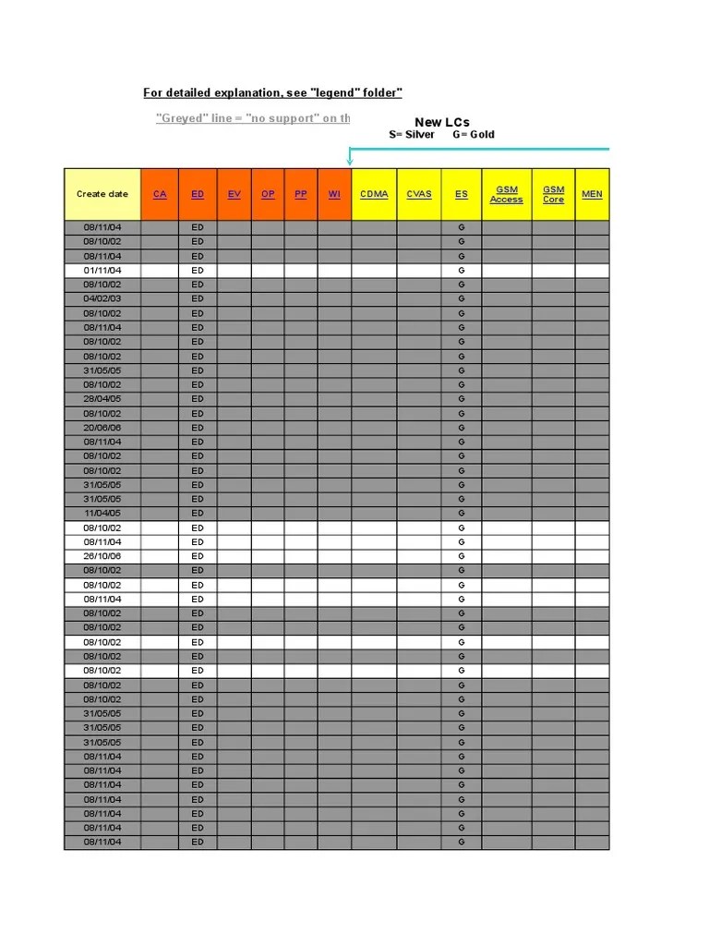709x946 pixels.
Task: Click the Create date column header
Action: [102, 194]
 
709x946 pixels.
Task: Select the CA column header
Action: [160, 194]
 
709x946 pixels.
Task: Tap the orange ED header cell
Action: [198, 194]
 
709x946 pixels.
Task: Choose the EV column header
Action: [234, 194]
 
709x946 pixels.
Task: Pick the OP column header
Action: [268, 194]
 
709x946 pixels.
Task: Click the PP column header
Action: [301, 194]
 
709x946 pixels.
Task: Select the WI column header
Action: [334, 194]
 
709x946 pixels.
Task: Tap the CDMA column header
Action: [374, 194]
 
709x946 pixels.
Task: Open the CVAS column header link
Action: [419, 194]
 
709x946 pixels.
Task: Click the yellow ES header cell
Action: [462, 194]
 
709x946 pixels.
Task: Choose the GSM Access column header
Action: [507, 194]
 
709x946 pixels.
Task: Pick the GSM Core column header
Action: [553, 194]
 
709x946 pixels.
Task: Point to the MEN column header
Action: [592, 194]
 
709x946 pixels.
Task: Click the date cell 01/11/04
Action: [102, 271]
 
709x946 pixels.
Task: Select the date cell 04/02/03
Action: [102, 299]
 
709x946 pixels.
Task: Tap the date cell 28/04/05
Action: [102, 399]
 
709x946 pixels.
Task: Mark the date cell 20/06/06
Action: [102, 428]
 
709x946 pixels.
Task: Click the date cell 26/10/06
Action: [102, 556]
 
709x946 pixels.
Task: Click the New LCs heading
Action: [442, 122]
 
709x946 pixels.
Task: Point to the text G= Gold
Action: [474, 135]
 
